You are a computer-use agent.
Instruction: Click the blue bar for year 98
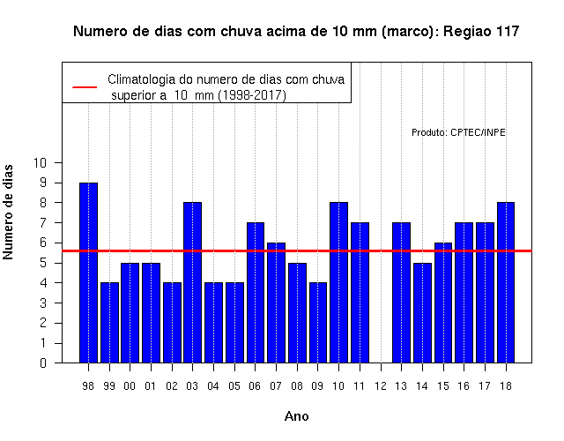[x=88, y=273]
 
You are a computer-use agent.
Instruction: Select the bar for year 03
[x=192, y=282]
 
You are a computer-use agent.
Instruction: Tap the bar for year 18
[x=506, y=282]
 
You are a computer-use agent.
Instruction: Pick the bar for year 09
[x=318, y=323]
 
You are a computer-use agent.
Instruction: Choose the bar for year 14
[x=422, y=312]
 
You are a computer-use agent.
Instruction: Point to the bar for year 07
[x=276, y=303]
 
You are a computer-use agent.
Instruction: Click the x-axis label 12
[x=380, y=386]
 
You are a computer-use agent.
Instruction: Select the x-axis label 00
[x=130, y=386]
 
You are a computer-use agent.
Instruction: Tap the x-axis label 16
[x=464, y=386]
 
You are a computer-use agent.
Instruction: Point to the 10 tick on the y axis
[x=41, y=162]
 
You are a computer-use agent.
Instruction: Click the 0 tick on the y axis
[x=43, y=363]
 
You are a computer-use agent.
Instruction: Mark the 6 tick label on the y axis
[x=43, y=243]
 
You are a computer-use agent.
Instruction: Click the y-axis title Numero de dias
[x=8, y=212]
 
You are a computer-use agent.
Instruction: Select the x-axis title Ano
[x=296, y=416]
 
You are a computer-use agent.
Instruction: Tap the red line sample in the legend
[x=85, y=87]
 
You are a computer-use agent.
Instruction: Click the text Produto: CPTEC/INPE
[x=458, y=132]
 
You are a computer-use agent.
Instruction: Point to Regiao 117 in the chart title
[x=481, y=32]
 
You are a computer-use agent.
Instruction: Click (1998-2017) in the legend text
[x=252, y=95]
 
